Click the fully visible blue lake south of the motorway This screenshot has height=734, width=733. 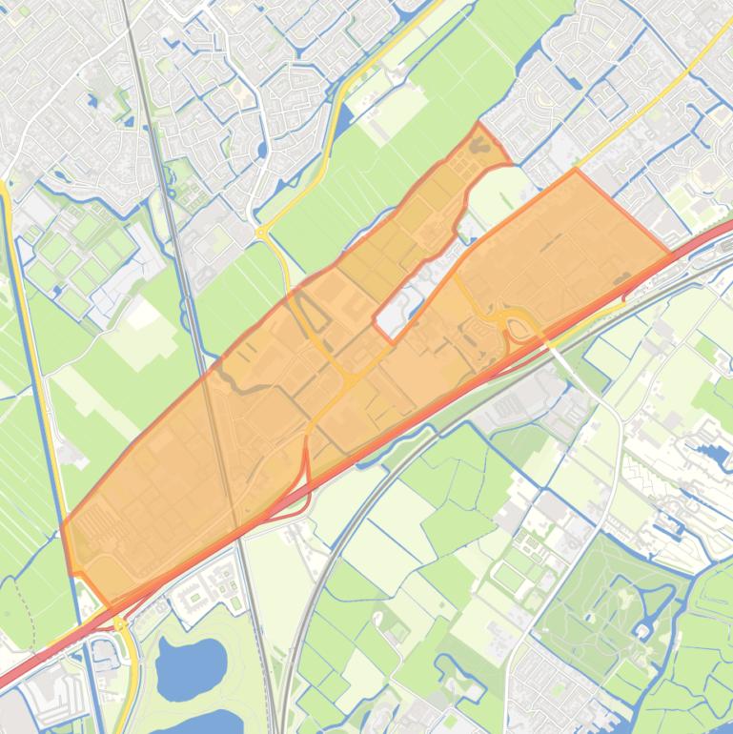click(192, 664)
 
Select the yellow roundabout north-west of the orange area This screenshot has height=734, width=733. click(261, 232)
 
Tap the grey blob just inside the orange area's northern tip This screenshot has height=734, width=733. click(479, 145)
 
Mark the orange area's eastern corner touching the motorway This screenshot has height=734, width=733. click(670, 254)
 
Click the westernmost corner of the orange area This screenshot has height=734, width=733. click(63, 524)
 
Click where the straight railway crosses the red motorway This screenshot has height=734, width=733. click(239, 532)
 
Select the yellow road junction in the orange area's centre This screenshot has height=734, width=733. click(351, 379)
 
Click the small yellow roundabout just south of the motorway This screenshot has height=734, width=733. click(119, 623)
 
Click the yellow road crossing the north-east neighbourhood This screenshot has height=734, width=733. click(648, 105)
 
